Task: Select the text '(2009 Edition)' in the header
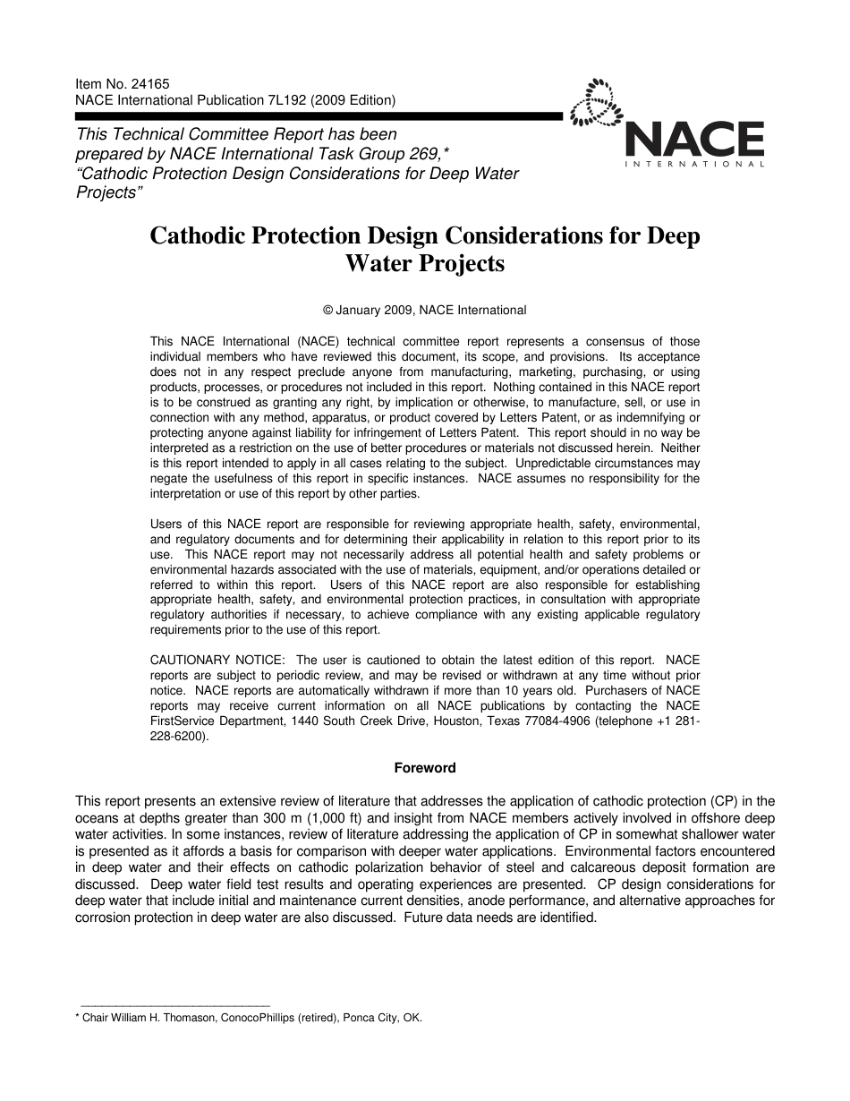coord(352,100)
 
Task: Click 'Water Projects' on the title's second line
coord(424,264)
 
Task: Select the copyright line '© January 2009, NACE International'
coord(424,311)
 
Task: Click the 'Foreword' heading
coord(424,768)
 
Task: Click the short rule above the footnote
coord(174,1007)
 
